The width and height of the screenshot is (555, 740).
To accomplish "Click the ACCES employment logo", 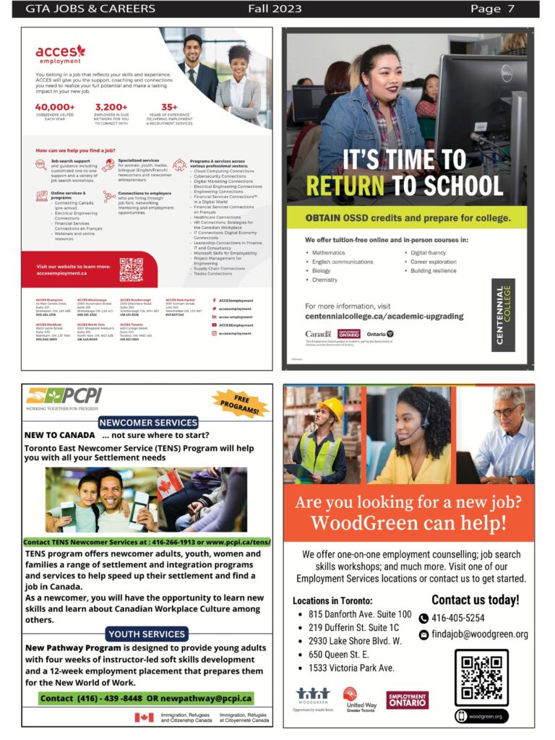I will [61, 54].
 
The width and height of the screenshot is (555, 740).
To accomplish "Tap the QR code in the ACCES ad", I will [131, 270].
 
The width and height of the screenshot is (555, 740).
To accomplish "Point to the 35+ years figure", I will [169, 107].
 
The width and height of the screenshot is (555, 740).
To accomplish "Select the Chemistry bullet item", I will [324, 280].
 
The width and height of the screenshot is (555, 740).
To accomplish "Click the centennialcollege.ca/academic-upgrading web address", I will [384, 317].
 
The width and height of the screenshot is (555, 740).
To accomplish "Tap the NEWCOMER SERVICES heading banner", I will [147, 422].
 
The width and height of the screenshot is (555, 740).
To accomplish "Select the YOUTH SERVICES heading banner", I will [147, 634].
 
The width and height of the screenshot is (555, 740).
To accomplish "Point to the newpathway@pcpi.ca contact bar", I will [147, 698].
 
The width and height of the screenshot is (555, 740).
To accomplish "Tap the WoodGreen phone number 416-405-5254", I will [457, 618].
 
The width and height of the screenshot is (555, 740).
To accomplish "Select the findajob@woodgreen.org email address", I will [479, 634].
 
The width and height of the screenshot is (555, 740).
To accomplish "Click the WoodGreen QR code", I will [481, 677].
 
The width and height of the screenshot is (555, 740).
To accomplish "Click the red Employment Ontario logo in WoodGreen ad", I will [407, 700].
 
